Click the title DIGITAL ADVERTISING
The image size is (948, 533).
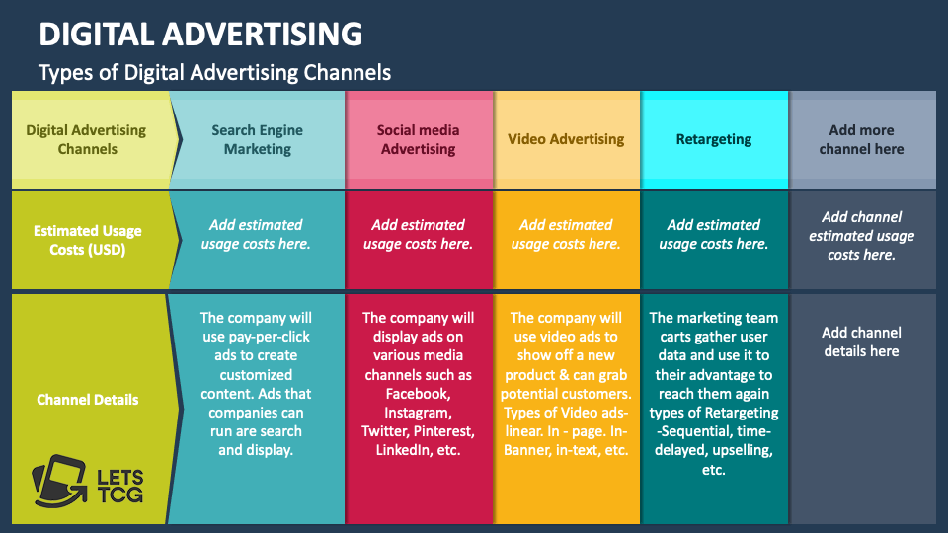(x=200, y=35)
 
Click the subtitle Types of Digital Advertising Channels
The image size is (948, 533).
(x=214, y=72)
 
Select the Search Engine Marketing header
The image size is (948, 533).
(x=257, y=140)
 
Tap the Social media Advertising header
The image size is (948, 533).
(x=418, y=140)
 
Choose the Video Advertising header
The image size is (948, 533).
(x=566, y=139)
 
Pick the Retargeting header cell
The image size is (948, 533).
(x=714, y=139)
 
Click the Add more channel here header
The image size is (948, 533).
(x=861, y=140)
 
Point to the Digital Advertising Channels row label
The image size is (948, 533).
(x=86, y=140)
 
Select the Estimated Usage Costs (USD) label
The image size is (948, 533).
(x=88, y=241)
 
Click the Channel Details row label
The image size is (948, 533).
(x=88, y=400)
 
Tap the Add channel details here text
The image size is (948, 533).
(x=861, y=342)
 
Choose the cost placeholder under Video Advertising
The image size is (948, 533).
(x=566, y=234)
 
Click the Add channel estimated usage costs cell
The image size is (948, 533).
(x=861, y=235)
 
